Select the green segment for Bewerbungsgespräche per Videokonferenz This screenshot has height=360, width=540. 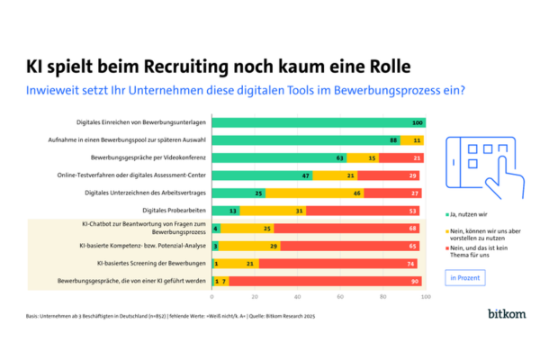coord(279,157)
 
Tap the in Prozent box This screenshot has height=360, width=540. coord(465,277)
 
